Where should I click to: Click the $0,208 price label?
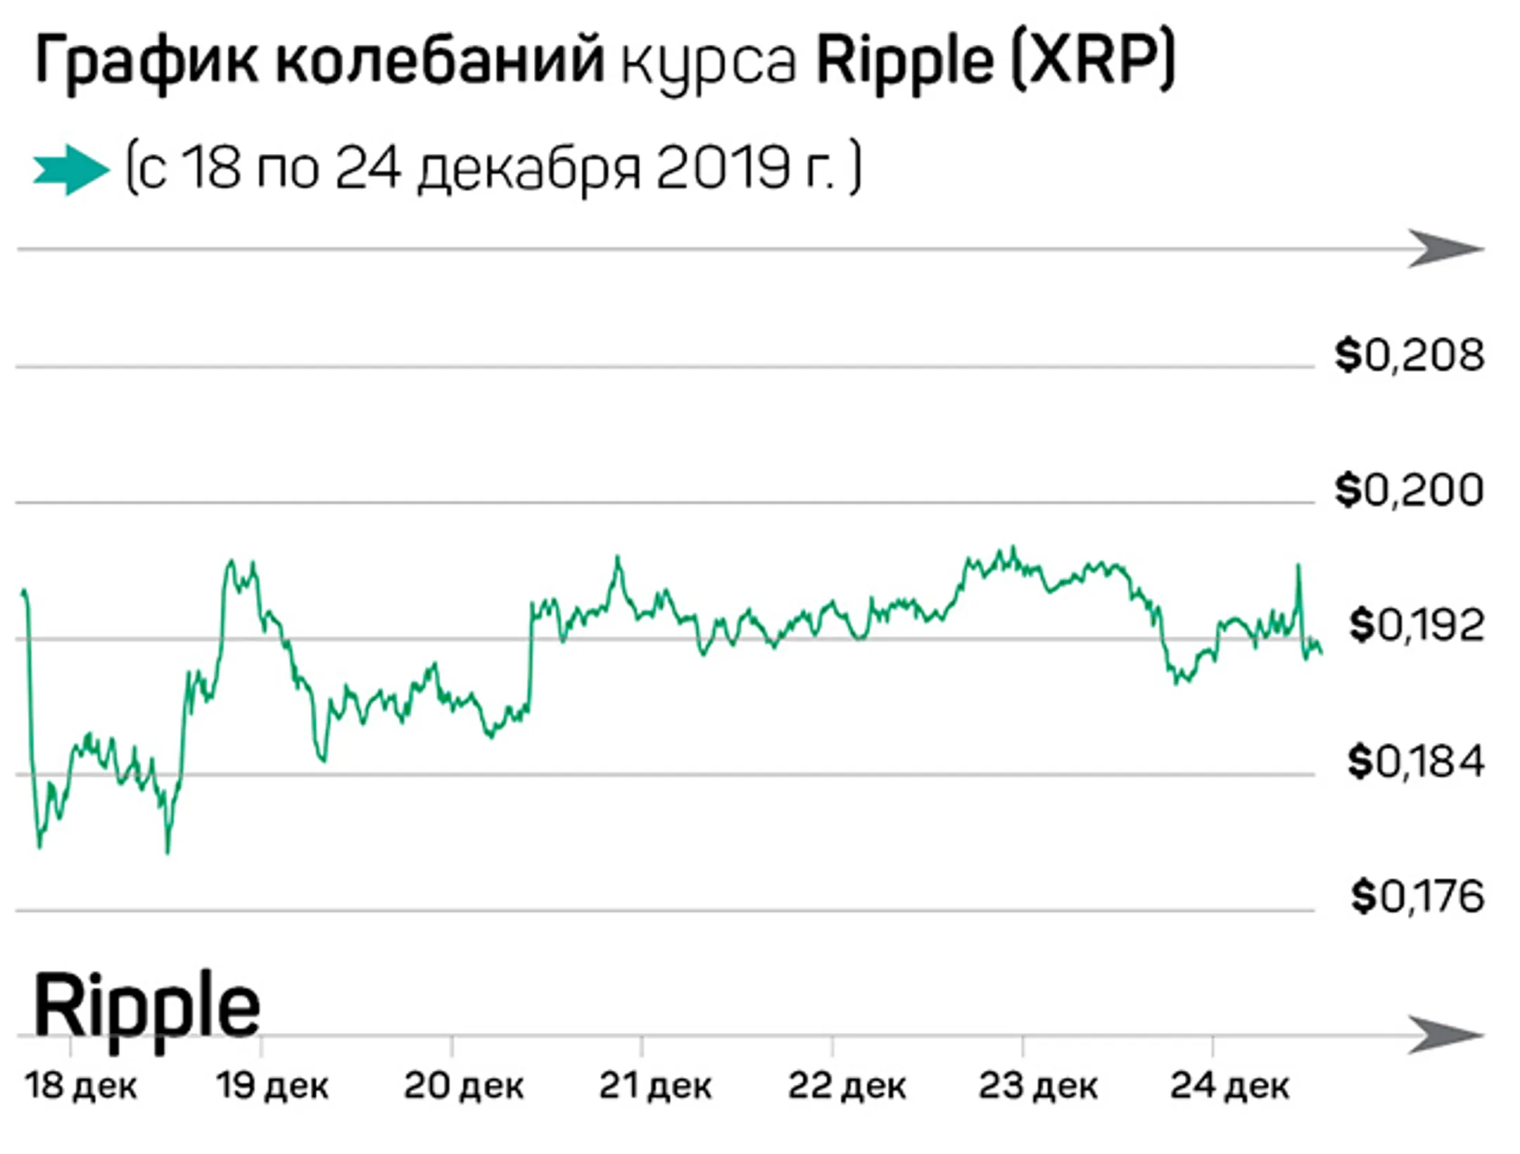[x=1410, y=355]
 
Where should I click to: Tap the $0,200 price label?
[x=1410, y=490]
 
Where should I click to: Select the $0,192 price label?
[x=1416, y=626]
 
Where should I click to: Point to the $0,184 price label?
[x=1415, y=762]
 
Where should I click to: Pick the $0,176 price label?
[x=1417, y=897]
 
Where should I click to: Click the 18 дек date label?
[x=81, y=1086]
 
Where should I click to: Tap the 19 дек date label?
[x=272, y=1086]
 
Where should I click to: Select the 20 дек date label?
[x=464, y=1086]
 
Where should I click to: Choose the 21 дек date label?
[x=655, y=1086]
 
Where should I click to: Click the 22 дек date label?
[x=847, y=1086]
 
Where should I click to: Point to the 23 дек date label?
[x=1038, y=1086]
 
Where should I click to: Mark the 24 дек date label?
[x=1229, y=1086]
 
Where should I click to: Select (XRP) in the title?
[x=1093, y=61]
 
